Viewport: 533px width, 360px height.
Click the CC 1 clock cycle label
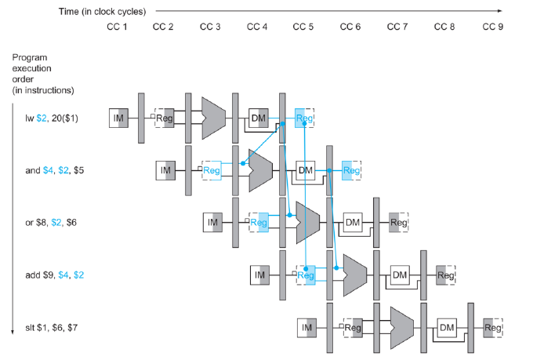pos(117,27)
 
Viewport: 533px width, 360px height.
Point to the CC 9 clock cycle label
pos(492,27)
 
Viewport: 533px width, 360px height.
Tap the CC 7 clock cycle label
pos(398,27)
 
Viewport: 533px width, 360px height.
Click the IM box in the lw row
pos(118,118)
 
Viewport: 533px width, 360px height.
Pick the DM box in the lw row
pos(259,118)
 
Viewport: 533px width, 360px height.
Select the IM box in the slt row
pos(306,327)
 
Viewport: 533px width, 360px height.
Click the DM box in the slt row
pos(447,327)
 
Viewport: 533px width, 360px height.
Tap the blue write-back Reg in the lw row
pos(304,118)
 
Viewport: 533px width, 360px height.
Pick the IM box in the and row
pos(165,169)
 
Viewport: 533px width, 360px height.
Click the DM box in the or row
pos(353,222)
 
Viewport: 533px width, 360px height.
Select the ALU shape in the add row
pos(354,275)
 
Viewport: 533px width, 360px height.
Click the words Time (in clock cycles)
pos(107,11)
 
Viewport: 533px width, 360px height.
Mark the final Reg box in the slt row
pos(492,327)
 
